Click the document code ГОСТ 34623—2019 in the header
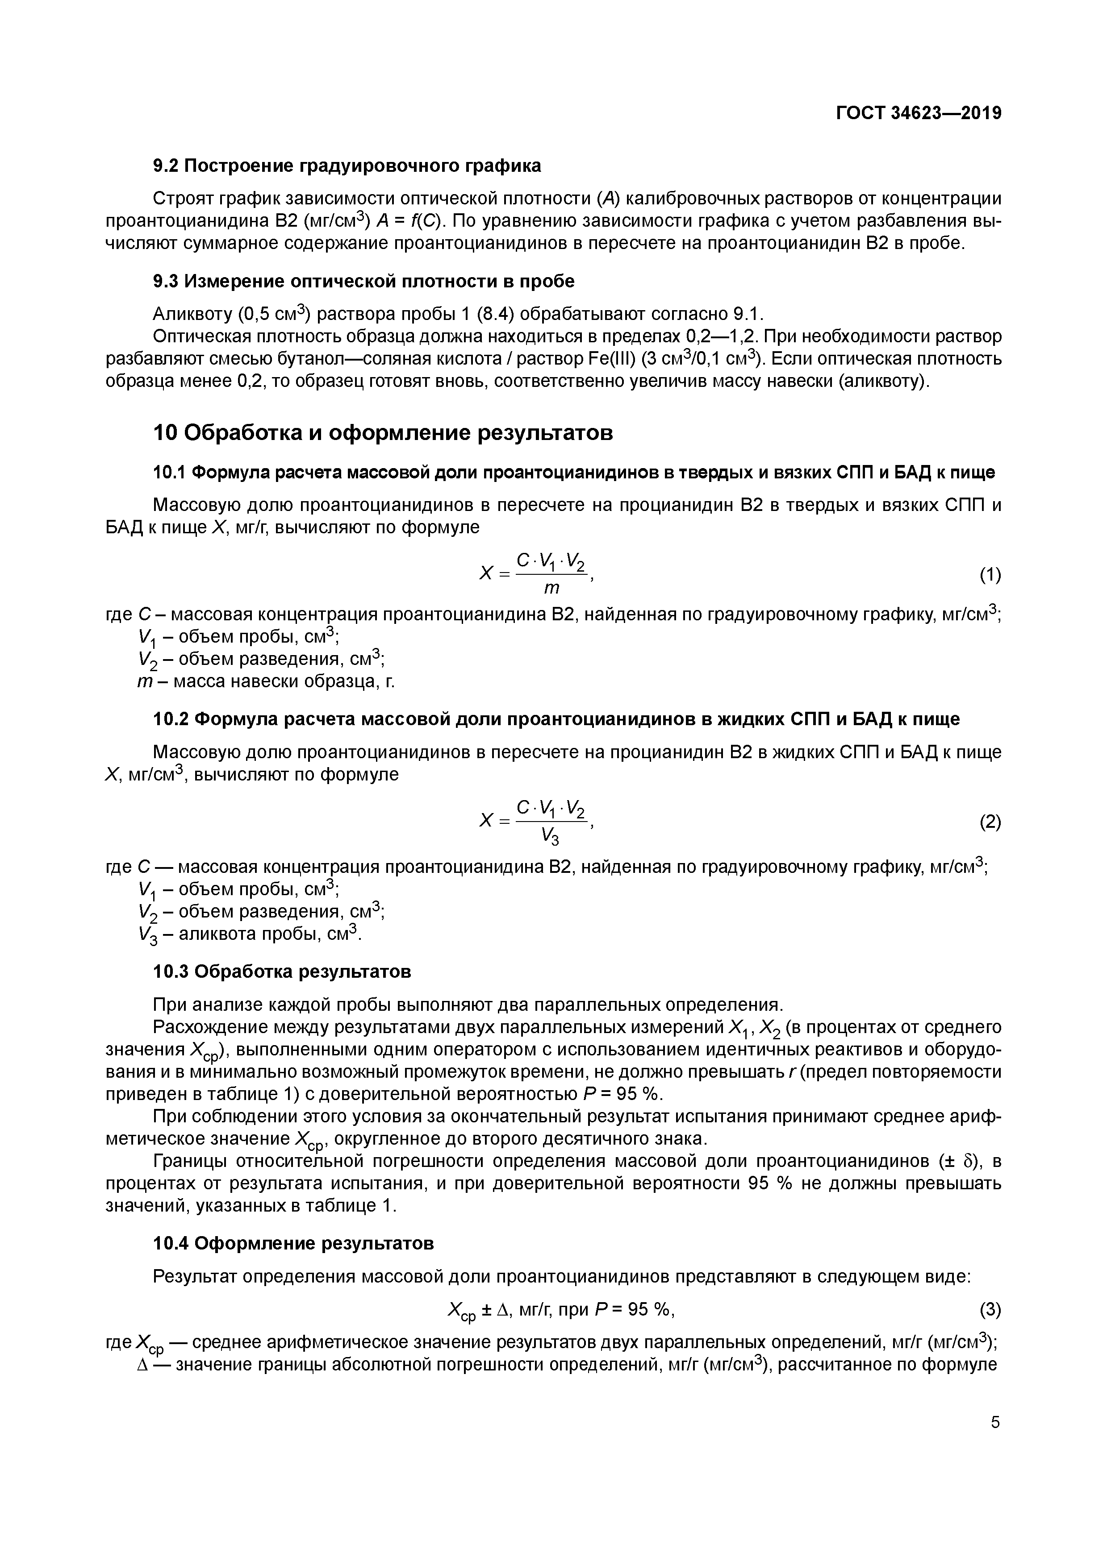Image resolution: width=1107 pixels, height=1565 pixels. (x=918, y=113)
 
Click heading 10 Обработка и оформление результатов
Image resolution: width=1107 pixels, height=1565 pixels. (x=382, y=432)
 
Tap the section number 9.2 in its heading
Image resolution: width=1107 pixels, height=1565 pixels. (x=166, y=166)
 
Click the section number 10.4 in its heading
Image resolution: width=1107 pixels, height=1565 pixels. (x=171, y=1243)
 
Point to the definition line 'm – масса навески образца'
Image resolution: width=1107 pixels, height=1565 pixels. (x=266, y=681)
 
